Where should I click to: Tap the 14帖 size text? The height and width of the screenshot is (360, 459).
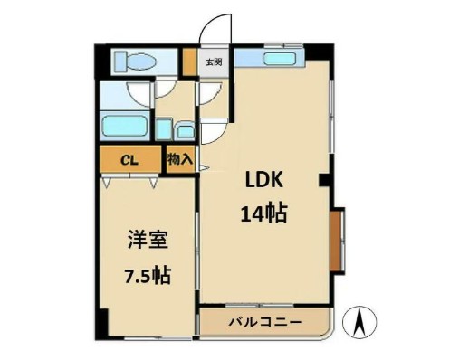coord(263,213)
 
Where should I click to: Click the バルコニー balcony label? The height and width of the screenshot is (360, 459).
coord(264,322)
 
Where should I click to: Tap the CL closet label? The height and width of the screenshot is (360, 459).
coord(129,160)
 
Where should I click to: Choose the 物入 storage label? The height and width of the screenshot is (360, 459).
coord(179,160)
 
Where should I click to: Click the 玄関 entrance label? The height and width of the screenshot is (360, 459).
coord(214,62)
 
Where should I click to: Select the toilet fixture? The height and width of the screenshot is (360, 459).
coord(137,62)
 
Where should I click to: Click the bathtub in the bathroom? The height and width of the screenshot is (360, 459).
coord(125,125)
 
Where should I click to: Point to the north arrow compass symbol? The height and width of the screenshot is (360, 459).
coord(359,321)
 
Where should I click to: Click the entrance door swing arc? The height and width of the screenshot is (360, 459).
coord(215,27)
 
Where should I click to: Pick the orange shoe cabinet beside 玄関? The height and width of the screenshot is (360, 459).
coord(189,62)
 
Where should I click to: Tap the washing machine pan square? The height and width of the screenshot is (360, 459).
coord(162,128)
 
